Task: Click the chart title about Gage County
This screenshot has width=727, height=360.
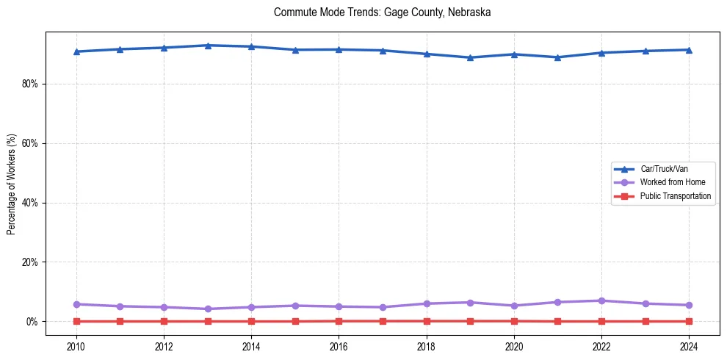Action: tap(382, 12)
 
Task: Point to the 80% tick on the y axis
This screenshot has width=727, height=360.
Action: tap(30, 84)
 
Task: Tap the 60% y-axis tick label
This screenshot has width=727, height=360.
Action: tap(30, 143)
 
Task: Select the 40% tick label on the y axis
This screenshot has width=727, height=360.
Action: tap(30, 203)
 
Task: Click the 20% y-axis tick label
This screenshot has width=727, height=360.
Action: tap(30, 262)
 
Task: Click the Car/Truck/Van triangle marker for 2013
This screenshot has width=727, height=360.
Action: tap(208, 46)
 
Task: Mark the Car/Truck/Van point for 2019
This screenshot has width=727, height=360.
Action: tap(470, 57)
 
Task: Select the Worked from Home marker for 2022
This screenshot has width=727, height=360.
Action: tap(601, 300)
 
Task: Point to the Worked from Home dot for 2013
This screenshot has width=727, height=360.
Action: tap(208, 309)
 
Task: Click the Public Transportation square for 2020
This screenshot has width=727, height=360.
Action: tap(514, 321)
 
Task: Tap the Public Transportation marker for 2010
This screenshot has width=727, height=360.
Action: tap(76, 321)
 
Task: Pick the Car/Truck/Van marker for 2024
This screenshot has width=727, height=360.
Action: tap(689, 50)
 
